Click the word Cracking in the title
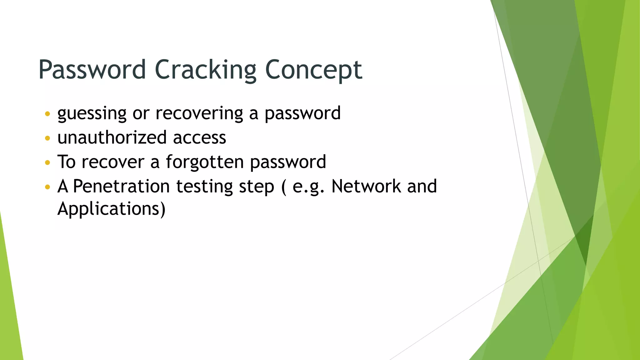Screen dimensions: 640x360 coord(205,69)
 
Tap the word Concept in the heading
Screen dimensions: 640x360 coord(313,69)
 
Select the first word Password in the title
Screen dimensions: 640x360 coord(92,69)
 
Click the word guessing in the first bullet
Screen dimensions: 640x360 coord(92,113)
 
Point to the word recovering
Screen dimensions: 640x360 coord(199,113)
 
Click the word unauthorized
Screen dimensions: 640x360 coord(112,137)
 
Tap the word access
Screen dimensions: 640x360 coord(199,137)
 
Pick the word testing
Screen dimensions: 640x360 coord(204,187)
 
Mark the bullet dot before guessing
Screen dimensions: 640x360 coord(47,114)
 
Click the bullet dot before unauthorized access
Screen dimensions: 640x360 coord(47,138)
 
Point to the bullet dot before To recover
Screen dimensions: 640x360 coord(47,162)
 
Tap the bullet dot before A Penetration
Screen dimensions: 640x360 coord(47,187)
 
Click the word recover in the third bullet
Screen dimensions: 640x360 coord(113,162)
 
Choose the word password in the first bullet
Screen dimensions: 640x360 coord(302,113)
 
